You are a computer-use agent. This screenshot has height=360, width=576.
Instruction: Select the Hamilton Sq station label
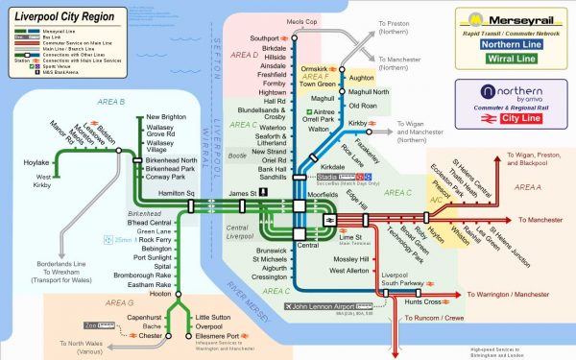point(177,193)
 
